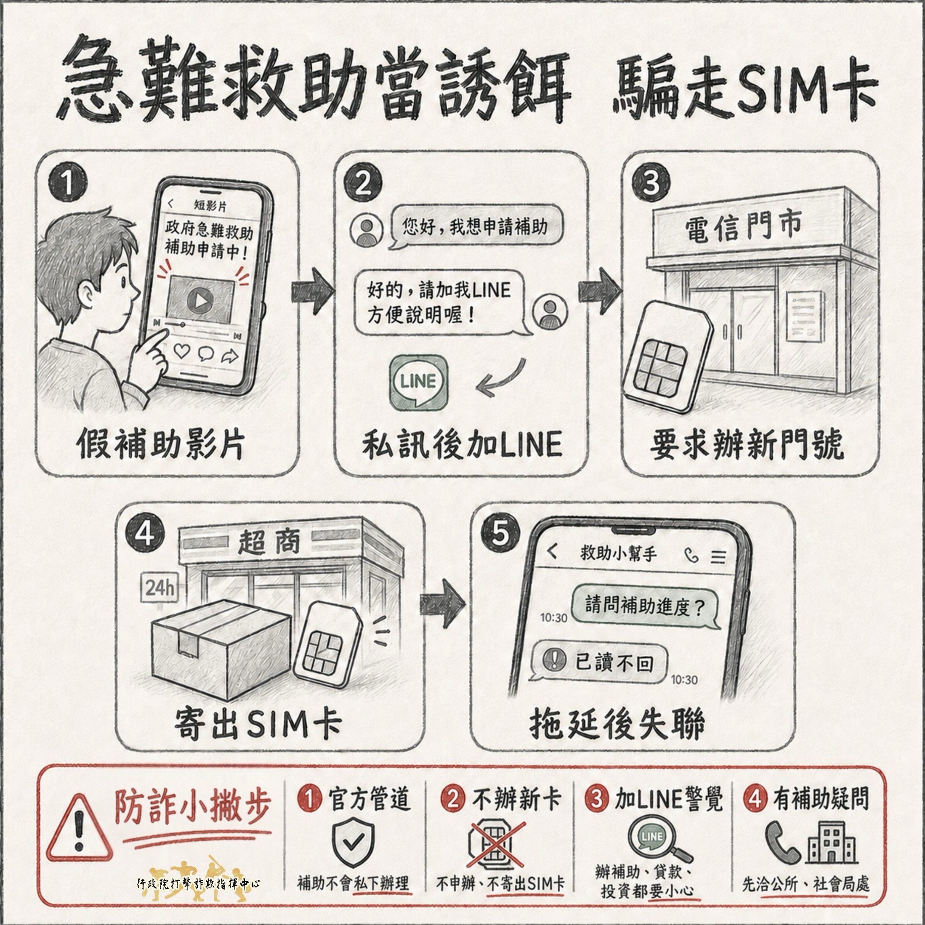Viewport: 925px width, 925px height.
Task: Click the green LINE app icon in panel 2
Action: (x=418, y=383)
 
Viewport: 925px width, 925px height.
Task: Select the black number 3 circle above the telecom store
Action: (x=651, y=182)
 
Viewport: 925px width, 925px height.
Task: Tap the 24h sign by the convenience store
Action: (x=159, y=588)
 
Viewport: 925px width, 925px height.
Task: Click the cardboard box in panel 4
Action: (x=220, y=648)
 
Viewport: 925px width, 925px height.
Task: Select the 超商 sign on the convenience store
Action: (x=270, y=542)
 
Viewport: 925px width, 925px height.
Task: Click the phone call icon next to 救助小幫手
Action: (x=691, y=555)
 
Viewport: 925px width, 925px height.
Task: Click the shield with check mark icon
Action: (x=353, y=844)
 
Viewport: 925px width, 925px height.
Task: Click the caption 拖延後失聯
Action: (x=617, y=724)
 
